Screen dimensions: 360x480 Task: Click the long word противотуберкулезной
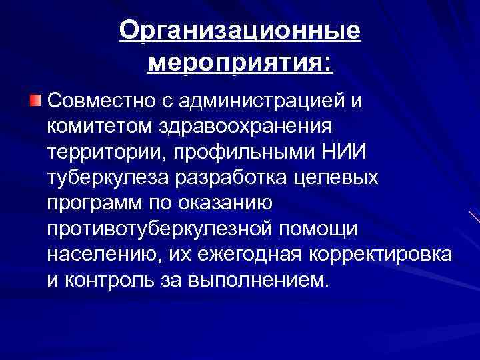point(157,228)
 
